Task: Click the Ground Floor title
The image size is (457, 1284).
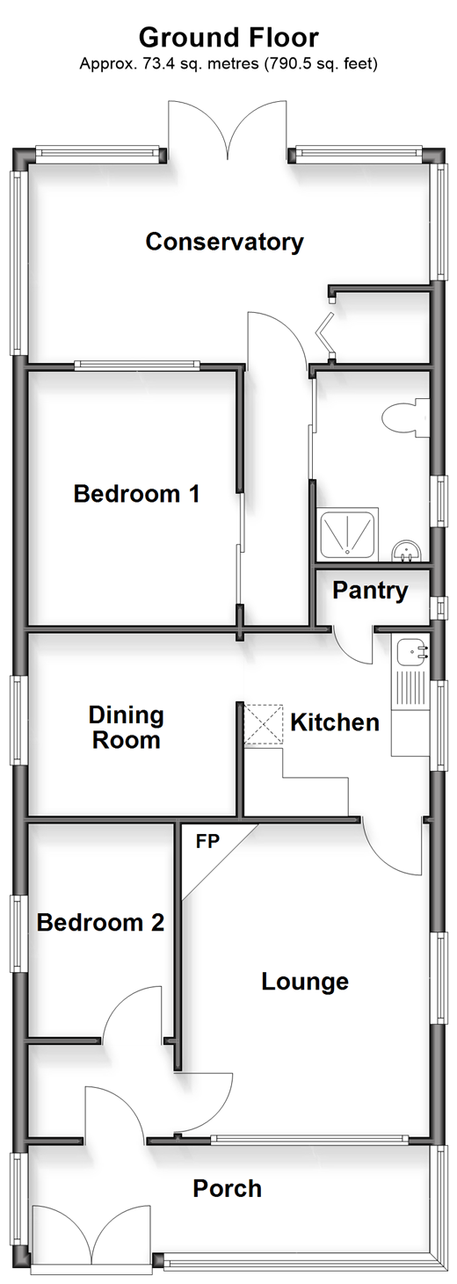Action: click(228, 37)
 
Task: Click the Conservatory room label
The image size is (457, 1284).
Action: click(224, 242)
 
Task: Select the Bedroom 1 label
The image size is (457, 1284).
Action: click(136, 494)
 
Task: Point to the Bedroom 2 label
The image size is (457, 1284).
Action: click(100, 922)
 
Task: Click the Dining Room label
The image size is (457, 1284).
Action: click(127, 728)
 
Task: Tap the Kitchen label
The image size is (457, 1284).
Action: click(335, 722)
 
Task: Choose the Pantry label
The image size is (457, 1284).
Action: click(370, 591)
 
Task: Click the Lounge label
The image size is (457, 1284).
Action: click(305, 982)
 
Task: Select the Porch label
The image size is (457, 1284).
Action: click(227, 1189)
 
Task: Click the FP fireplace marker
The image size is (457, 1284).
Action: click(207, 841)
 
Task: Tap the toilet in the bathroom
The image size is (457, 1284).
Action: click(405, 418)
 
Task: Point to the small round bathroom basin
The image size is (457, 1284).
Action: click(407, 551)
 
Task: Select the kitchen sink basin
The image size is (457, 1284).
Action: click(411, 650)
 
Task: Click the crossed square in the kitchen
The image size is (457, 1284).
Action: click(264, 724)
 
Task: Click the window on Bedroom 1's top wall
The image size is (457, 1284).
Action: click(136, 365)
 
